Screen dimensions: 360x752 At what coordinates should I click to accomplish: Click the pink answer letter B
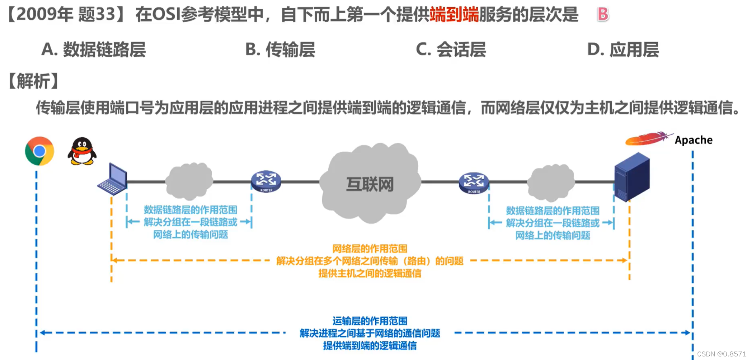(x=603, y=14)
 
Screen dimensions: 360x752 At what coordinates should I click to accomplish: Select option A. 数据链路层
(x=94, y=49)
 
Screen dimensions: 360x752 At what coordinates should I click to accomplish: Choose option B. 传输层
(x=280, y=49)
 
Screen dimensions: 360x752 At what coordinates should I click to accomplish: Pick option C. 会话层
(x=451, y=49)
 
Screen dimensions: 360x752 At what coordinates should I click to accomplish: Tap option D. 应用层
(x=623, y=49)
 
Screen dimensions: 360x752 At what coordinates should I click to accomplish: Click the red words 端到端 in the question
(x=454, y=15)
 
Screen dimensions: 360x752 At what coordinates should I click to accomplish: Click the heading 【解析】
(x=33, y=81)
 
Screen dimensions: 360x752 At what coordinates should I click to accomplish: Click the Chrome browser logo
(x=39, y=151)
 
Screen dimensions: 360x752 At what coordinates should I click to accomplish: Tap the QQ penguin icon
(x=82, y=151)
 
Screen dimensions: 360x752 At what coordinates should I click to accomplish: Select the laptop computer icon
(x=113, y=179)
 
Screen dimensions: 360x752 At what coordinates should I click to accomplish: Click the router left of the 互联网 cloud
(x=266, y=181)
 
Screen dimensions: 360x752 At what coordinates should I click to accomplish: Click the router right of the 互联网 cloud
(x=474, y=183)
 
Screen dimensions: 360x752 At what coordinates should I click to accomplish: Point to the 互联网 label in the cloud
(x=370, y=184)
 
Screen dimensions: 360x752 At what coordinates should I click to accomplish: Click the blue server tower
(x=632, y=177)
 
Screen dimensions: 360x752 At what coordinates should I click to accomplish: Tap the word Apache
(x=694, y=140)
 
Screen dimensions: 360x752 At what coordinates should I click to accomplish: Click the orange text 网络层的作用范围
(x=370, y=248)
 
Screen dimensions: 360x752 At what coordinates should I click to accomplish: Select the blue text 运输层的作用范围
(x=370, y=321)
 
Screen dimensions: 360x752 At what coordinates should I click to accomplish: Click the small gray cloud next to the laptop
(x=189, y=181)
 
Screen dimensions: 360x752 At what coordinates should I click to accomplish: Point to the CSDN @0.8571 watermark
(x=722, y=354)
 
